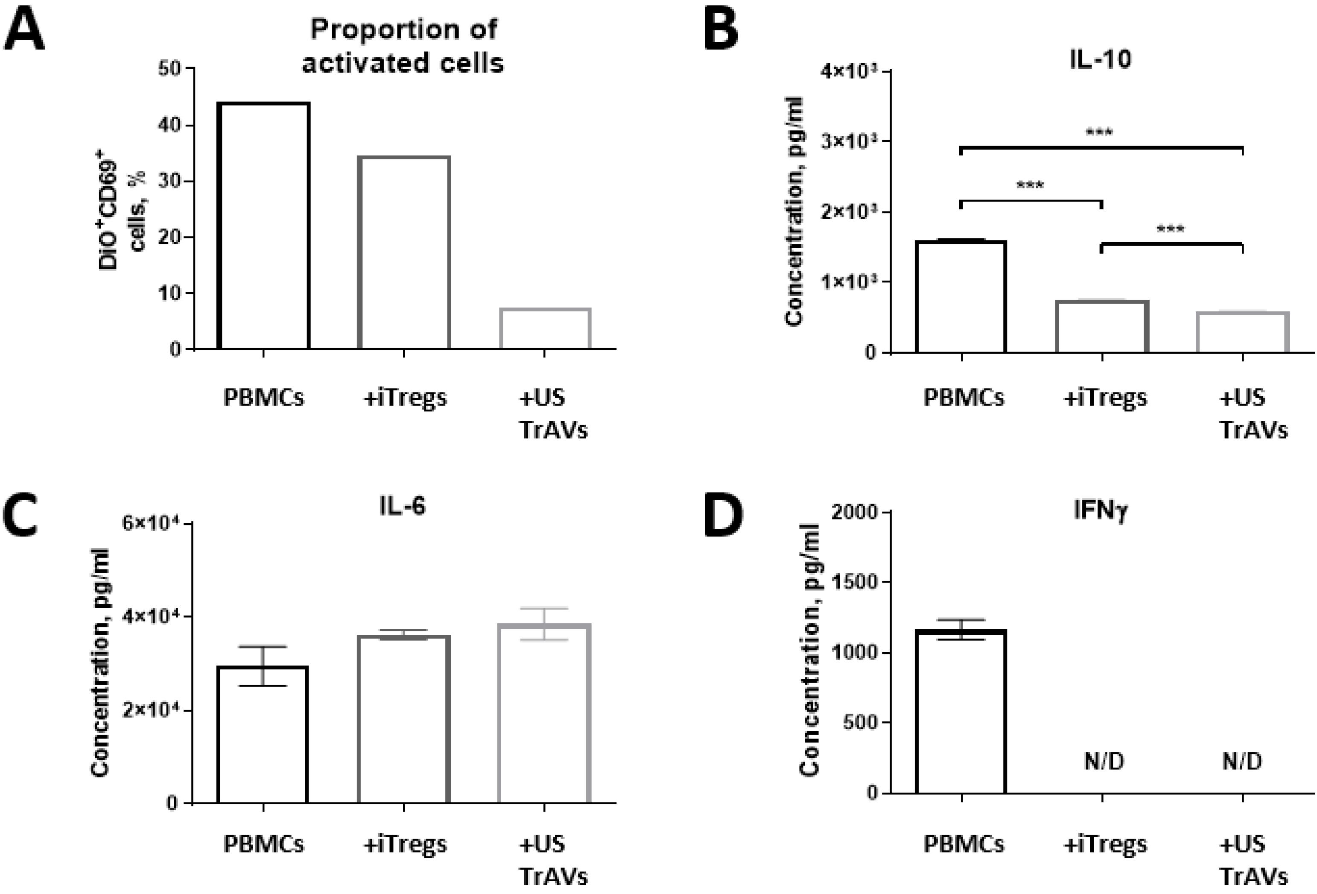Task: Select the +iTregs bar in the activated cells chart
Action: (403, 252)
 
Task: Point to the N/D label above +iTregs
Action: (1104, 761)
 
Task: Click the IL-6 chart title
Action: (402, 506)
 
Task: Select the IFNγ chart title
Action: (1101, 511)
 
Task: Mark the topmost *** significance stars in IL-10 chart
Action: (1099, 133)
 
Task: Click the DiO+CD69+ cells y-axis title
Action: (122, 214)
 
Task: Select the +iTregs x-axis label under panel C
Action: (405, 844)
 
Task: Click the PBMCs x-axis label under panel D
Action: (964, 844)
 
